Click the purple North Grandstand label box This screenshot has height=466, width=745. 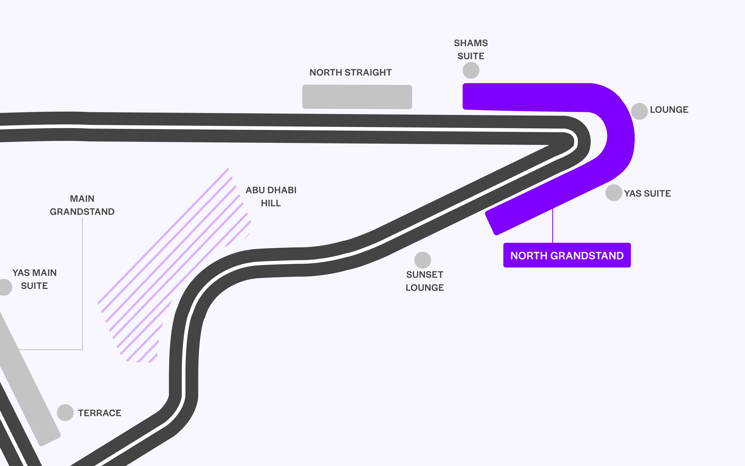pyautogui.click(x=567, y=255)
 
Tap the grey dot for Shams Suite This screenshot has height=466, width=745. pyautogui.click(x=471, y=70)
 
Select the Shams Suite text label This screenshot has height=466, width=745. pyautogui.click(x=471, y=49)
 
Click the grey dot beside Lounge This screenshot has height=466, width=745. pyautogui.click(x=639, y=111)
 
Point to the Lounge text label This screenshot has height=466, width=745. pyautogui.click(x=669, y=110)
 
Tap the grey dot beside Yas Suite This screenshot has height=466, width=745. pyautogui.click(x=613, y=193)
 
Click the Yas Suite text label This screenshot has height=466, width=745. pyautogui.click(x=647, y=194)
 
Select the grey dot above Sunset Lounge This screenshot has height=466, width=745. pyautogui.click(x=422, y=260)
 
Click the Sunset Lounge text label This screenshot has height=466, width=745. pyautogui.click(x=424, y=281)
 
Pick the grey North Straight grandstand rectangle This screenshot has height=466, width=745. pyautogui.click(x=357, y=97)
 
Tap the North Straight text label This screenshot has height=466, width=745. pyautogui.click(x=350, y=72)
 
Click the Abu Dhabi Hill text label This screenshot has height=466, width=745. pyautogui.click(x=271, y=197)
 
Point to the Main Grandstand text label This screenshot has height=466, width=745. pyautogui.click(x=82, y=205)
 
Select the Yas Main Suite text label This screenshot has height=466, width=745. pyautogui.click(x=34, y=279)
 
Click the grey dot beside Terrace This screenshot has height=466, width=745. pyautogui.click(x=65, y=412)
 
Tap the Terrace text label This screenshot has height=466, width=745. pyautogui.click(x=99, y=413)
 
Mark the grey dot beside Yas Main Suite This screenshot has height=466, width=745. pyautogui.click(x=4, y=287)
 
